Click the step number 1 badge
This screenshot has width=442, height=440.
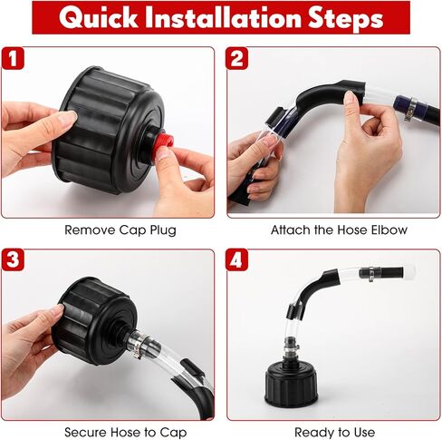pyautogui.click(x=13, y=60)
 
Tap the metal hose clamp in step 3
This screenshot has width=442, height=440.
pyautogui.click(x=137, y=346)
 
